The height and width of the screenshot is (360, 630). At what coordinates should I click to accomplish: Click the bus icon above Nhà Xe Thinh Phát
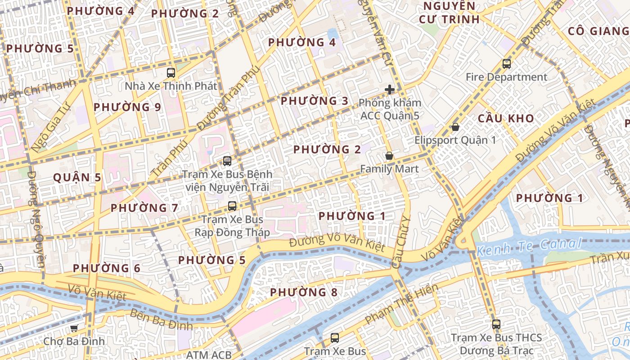coord(171,72)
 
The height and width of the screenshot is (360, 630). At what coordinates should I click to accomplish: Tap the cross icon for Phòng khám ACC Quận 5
coord(390,90)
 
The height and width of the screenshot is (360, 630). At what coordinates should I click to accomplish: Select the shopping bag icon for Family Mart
coord(389,156)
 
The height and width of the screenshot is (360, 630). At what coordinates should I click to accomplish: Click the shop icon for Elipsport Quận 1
coord(455,127)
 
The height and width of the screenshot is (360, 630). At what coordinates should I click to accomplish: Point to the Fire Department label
coord(506,77)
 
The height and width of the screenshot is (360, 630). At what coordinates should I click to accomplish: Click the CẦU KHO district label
coord(506,119)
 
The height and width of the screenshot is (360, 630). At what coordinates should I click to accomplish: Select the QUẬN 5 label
coord(77,178)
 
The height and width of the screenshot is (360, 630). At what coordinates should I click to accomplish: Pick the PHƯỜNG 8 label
coord(304,292)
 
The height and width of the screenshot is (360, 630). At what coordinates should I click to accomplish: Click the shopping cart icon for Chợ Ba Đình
coord(74,328)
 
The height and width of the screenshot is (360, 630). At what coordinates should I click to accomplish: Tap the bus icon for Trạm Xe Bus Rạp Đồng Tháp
coord(232,206)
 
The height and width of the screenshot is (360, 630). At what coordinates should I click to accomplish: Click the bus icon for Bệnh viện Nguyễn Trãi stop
coord(227,161)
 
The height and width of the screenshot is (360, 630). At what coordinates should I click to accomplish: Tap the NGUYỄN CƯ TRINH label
coord(449,13)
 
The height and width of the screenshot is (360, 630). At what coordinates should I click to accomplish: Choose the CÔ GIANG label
coord(598,31)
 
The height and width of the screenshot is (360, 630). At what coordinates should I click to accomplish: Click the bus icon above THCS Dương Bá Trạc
coord(496,324)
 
